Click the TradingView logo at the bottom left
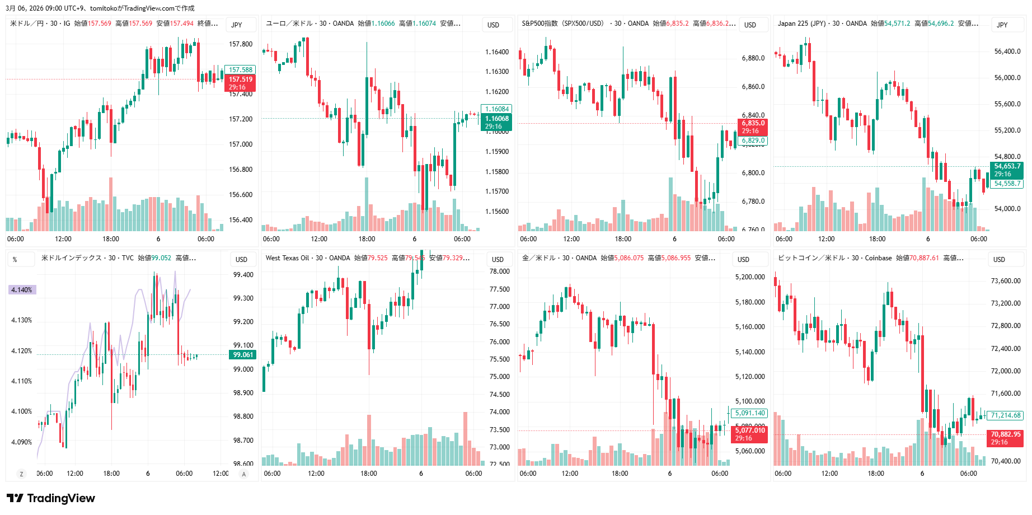coord(51,498)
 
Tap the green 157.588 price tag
coord(240,70)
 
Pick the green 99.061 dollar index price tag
coord(243,355)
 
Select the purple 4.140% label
coord(22,290)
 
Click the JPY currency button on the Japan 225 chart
coord(1002,25)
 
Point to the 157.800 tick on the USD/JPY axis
coord(241,44)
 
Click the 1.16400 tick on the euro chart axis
coord(497,52)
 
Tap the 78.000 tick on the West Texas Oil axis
coord(499,271)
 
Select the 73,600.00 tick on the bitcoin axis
coord(1006,281)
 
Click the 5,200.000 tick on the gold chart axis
coord(750,277)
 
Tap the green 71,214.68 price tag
coord(1006,415)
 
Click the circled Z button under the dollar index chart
coord(22,474)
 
